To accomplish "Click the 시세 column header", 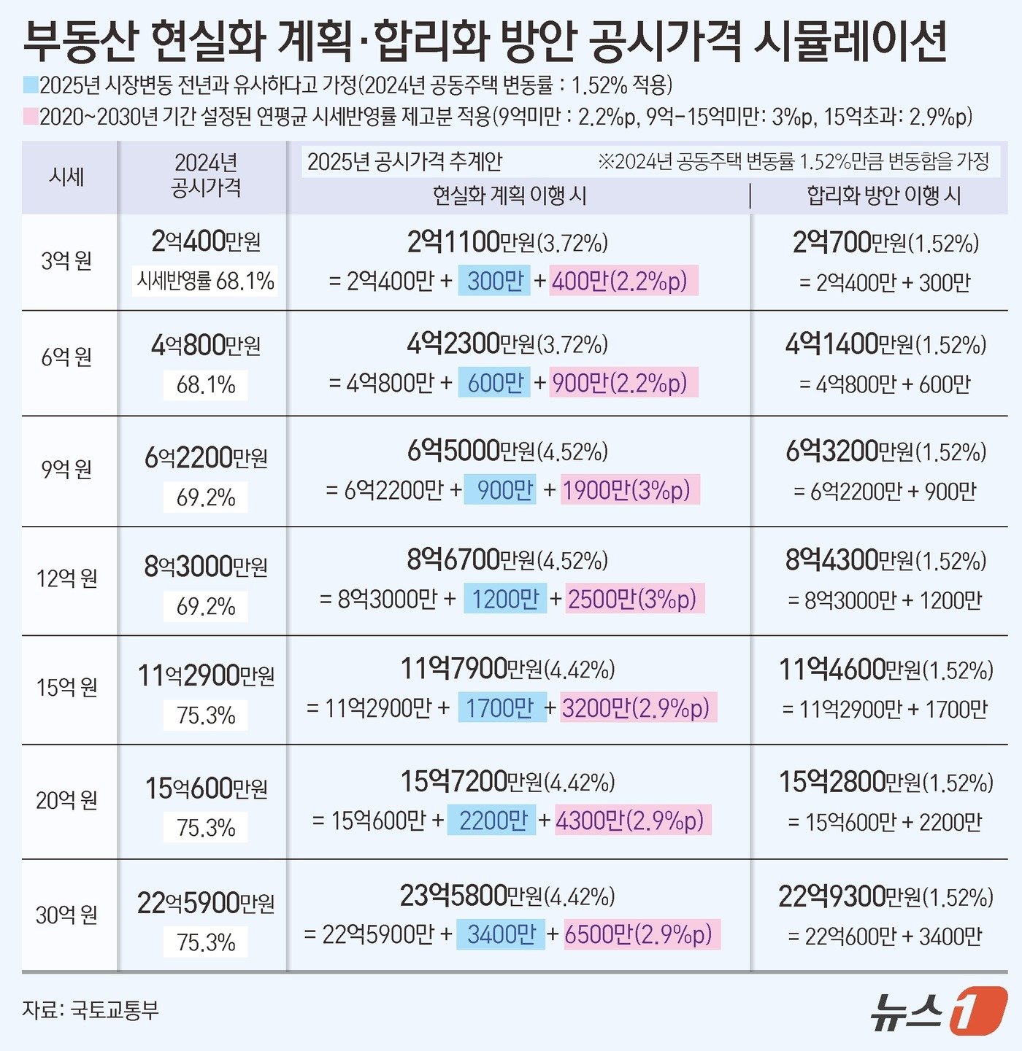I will click(x=66, y=177).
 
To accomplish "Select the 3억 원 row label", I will click(x=66, y=260).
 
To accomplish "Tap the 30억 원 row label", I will click(x=66, y=915).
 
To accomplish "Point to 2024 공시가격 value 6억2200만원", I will click(x=206, y=457).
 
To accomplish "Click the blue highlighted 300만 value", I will click(x=494, y=281).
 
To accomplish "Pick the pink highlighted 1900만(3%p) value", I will click(x=626, y=490).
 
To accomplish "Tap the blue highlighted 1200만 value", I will click(x=505, y=599).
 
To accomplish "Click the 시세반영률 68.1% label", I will click(x=206, y=281).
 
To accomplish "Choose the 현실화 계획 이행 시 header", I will click(x=510, y=195).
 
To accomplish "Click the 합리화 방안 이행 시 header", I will click(x=883, y=195).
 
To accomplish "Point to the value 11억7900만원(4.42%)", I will click(x=507, y=669).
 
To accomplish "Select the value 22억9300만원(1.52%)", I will click(x=885, y=896).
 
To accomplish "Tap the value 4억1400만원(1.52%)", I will click(x=885, y=344).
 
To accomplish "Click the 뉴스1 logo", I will click(x=938, y=1010).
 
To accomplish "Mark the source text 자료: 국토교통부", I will click(x=91, y=1010).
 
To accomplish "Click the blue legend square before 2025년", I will click(x=30, y=85).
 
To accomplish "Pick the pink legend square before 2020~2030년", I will click(x=30, y=116).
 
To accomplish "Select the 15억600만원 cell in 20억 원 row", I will click(x=206, y=788).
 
